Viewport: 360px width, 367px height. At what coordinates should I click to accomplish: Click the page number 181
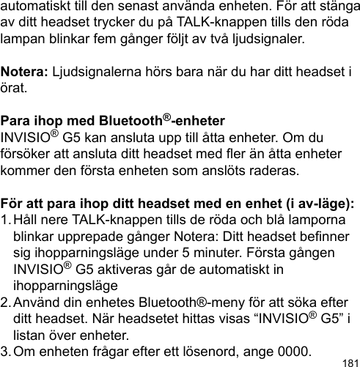[350, 360]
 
